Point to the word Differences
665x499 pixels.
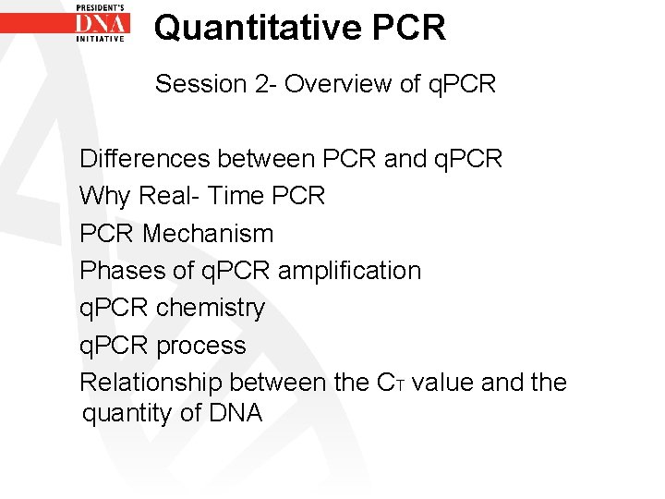(145, 159)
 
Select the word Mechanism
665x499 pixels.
(208, 234)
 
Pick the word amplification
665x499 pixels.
(349, 271)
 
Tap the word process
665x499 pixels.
(200, 346)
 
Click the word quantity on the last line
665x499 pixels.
(127, 413)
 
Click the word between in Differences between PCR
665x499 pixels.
(266, 159)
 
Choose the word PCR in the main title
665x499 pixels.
(409, 28)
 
